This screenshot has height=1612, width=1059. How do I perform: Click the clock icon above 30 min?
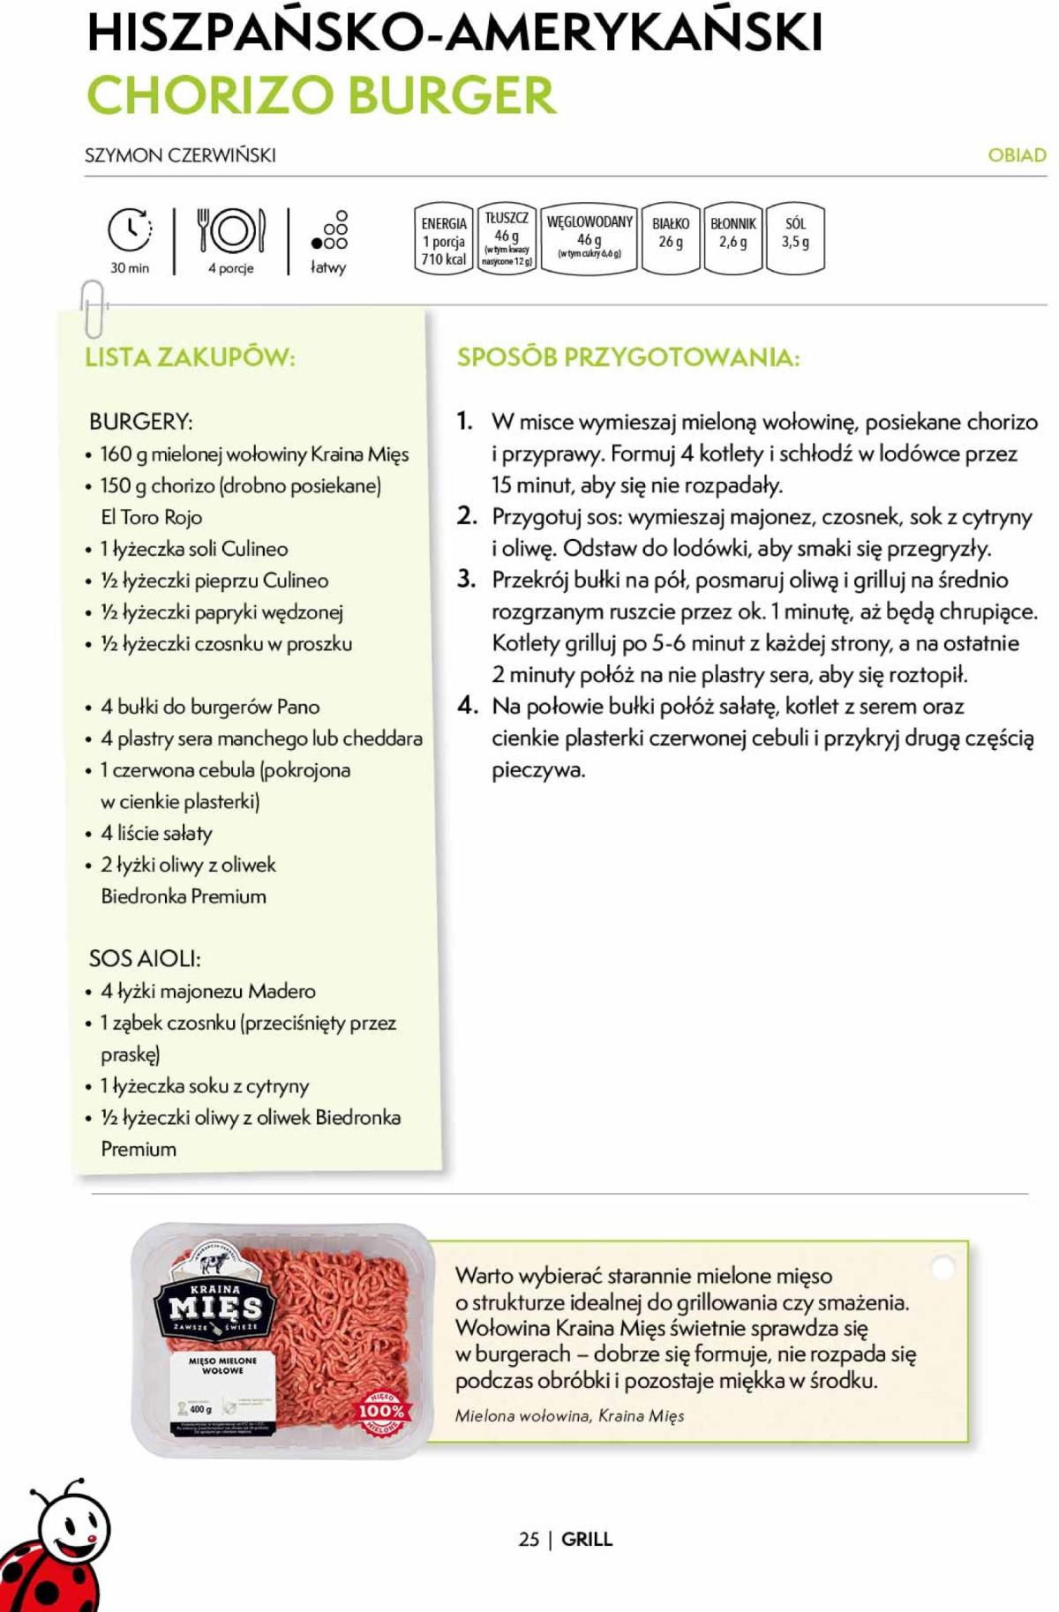pos(130,231)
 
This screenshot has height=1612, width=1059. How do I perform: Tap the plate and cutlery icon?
pos(231,230)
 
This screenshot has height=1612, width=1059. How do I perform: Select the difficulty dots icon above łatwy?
pos(330,231)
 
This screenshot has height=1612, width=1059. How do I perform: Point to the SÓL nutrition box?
pos(795,238)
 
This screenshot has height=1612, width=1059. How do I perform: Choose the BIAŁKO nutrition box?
pos(671,238)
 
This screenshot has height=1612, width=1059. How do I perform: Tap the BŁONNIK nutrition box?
pos(732,238)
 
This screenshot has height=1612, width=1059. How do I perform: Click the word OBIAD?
pos(1017,155)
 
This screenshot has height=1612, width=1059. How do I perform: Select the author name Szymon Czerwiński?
pos(180,155)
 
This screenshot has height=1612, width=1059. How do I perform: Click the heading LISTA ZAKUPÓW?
pos(190,357)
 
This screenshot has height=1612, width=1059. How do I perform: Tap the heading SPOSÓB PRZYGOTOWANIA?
pos(627,357)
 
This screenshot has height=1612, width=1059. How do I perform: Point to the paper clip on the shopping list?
pos(93,308)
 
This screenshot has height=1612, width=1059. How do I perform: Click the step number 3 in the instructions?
pos(466,579)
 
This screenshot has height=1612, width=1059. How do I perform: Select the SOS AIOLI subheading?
pos(145,958)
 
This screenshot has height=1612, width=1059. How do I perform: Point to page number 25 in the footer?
pos(529,1539)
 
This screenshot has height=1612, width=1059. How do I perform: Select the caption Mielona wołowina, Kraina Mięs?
pos(569,1415)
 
